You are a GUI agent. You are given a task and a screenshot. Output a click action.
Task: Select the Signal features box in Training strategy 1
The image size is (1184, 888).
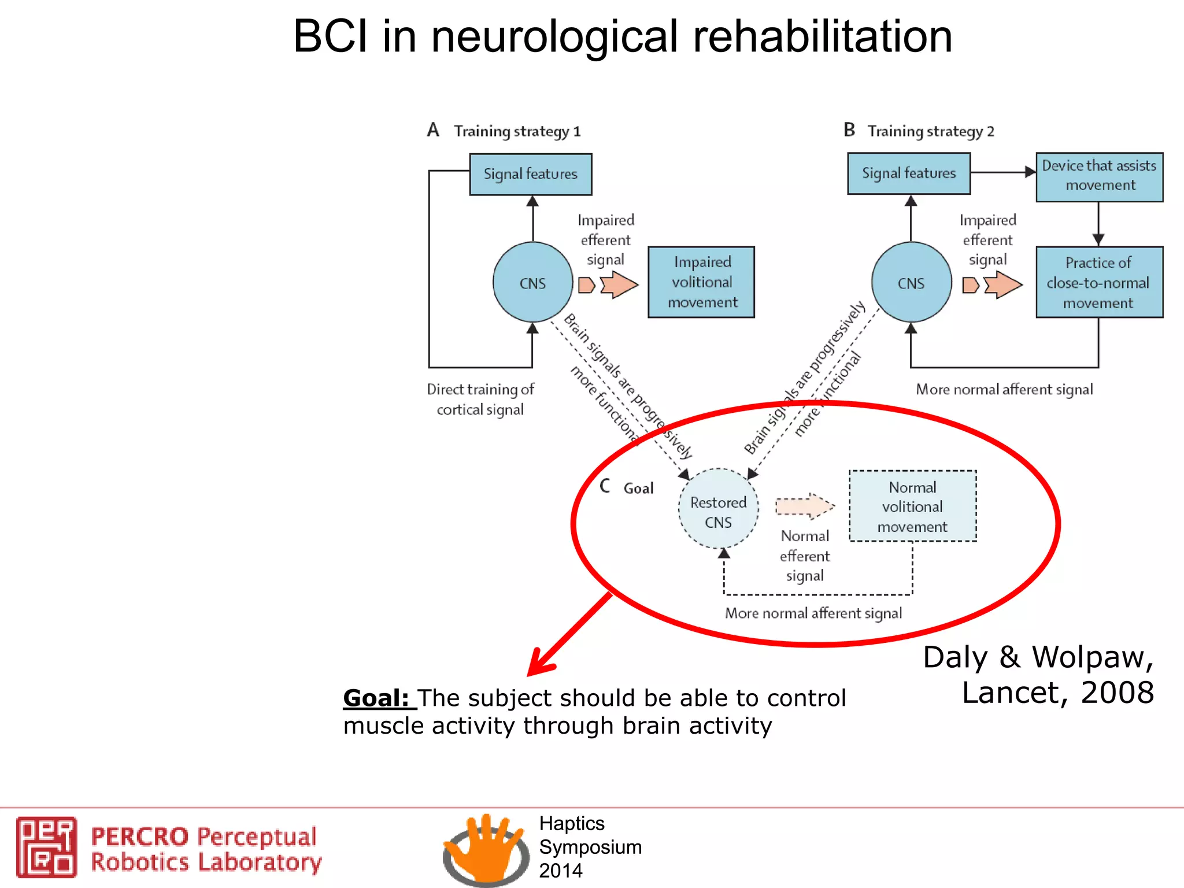(x=530, y=174)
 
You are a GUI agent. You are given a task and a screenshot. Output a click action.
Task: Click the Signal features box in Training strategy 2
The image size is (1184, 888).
(x=909, y=173)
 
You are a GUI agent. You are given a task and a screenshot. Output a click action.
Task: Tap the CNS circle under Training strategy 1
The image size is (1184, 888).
(x=532, y=283)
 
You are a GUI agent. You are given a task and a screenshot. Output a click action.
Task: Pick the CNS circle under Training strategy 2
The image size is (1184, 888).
(x=911, y=283)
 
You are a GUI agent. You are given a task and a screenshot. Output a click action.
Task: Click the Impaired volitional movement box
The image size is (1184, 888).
(x=701, y=282)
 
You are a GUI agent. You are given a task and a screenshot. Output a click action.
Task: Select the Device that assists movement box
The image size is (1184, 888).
(x=1099, y=176)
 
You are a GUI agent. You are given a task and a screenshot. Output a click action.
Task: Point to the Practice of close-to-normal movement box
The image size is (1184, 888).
(x=1099, y=282)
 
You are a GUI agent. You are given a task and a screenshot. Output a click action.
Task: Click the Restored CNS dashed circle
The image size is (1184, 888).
(x=718, y=509)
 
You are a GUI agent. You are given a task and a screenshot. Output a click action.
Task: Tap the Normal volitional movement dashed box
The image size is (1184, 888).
(x=912, y=506)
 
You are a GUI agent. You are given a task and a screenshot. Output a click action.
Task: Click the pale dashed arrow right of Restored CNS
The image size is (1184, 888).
(x=805, y=506)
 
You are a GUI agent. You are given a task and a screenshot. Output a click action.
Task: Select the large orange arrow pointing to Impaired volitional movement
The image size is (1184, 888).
(x=619, y=285)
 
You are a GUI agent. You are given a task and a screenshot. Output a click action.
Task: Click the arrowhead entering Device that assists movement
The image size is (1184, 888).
(x=1030, y=172)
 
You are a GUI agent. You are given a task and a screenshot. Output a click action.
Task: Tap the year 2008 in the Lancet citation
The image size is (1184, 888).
(x=1117, y=693)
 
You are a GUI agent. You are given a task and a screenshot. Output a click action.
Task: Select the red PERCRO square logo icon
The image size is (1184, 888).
(x=46, y=847)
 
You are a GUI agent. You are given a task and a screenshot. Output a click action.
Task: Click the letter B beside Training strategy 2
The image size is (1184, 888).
(x=849, y=129)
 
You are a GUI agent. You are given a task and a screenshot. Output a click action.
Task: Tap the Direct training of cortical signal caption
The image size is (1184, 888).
(x=480, y=399)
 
